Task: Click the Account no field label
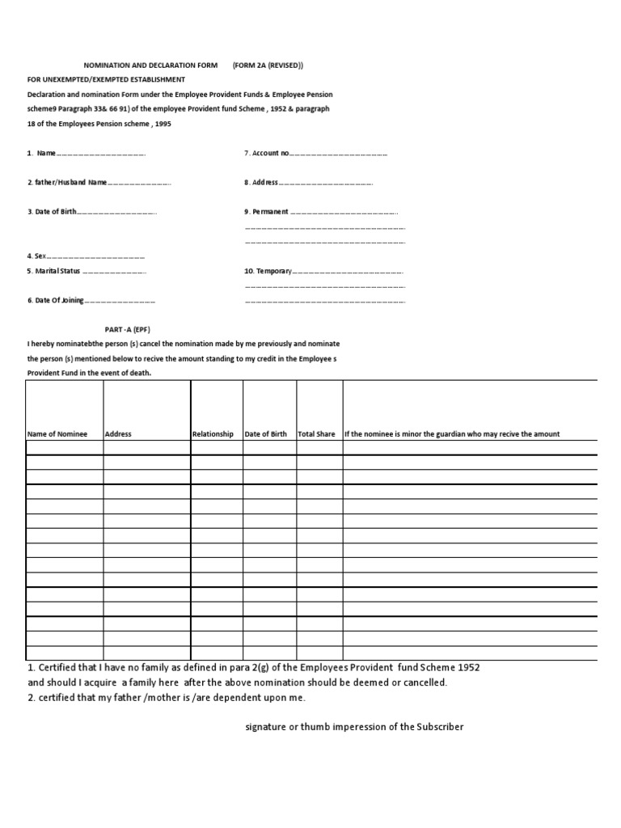pyautogui.click(x=270, y=153)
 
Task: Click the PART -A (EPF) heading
pyautogui.click(x=128, y=329)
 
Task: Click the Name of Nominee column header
pyautogui.click(x=57, y=434)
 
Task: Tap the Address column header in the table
pyautogui.click(x=118, y=434)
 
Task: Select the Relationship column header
pyautogui.click(x=213, y=434)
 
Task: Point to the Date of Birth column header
pyautogui.click(x=265, y=434)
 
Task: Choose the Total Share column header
pyautogui.click(x=316, y=434)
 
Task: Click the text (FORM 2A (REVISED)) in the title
pyautogui.click(x=268, y=65)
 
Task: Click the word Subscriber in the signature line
pyautogui.click(x=440, y=727)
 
